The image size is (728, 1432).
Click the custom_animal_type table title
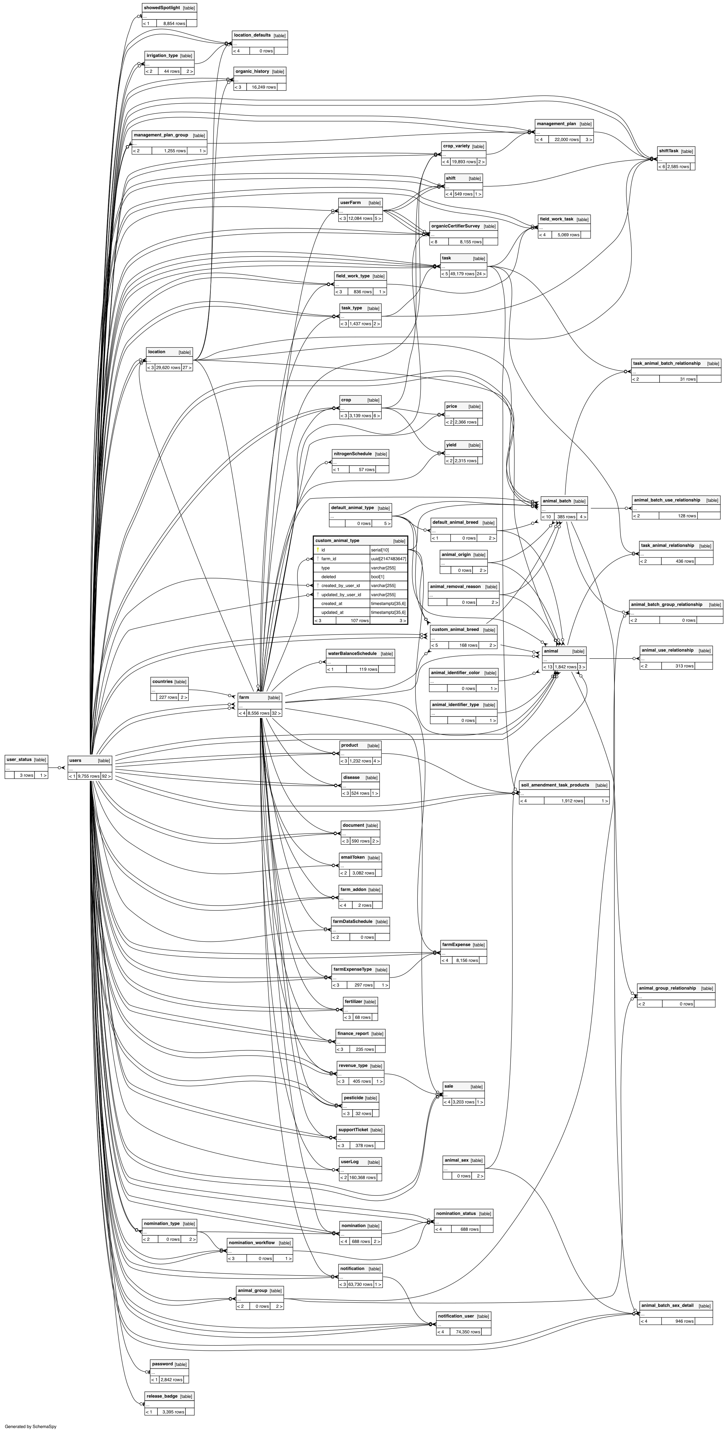[x=337, y=540]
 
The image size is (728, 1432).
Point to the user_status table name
[x=19, y=759]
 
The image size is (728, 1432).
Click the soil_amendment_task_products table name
[x=555, y=785]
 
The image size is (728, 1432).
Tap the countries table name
[x=162, y=681]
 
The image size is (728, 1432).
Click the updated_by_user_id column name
[x=341, y=594]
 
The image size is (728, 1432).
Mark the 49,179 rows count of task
[x=462, y=273]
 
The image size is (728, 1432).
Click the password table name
[x=162, y=1363]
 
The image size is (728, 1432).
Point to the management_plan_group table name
[x=160, y=135]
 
